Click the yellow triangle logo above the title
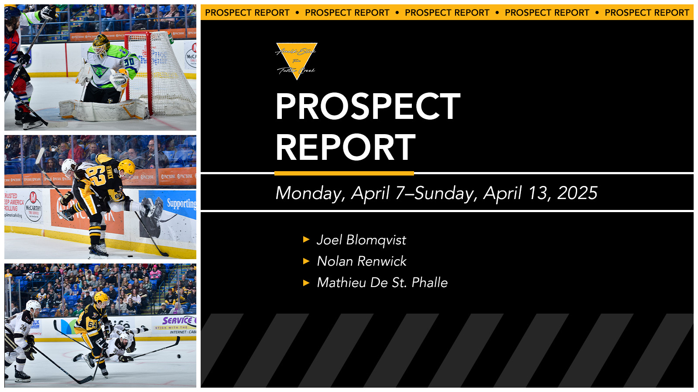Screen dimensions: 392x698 point(297,59)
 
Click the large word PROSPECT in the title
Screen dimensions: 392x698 point(368,107)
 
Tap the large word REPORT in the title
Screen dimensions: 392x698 point(346,148)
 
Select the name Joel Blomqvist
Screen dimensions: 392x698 point(361,240)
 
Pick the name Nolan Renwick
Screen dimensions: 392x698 point(362,261)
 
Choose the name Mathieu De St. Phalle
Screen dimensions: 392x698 point(382,283)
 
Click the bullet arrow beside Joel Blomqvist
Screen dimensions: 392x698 point(306,240)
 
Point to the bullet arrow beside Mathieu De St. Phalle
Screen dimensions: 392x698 point(306,283)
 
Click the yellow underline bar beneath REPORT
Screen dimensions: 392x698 point(344,173)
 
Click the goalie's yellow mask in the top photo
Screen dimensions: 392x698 point(101,43)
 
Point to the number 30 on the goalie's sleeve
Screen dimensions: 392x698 point(129,61)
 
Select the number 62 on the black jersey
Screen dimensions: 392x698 point(97,176)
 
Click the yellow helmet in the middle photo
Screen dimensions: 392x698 point(127,167)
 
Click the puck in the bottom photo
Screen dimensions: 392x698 point(178,356)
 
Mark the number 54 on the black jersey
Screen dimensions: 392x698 point(92,324)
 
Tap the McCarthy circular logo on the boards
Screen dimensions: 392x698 point(33,204)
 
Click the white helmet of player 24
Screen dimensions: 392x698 point(34,306)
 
